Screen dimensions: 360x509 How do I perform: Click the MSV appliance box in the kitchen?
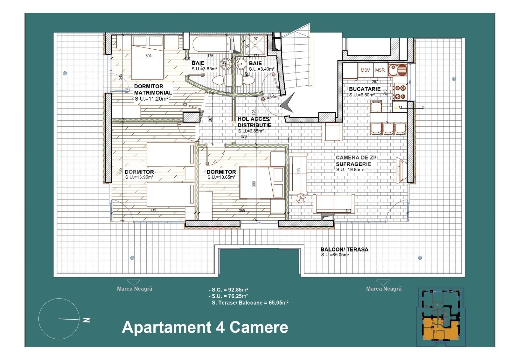[365, 70]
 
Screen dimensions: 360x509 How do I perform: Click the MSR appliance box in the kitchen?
[380, 70]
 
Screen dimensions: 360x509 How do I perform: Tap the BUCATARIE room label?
[365, 89]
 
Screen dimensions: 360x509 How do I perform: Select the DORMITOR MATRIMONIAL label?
[153, 89]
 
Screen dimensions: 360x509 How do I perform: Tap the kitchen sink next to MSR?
[398, 70]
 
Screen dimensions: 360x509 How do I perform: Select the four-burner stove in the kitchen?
[400, 92]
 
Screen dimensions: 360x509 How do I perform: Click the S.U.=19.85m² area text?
[350, 170]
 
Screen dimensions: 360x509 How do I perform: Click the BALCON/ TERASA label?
[344, 250]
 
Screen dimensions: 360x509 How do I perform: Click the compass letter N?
[86, 320]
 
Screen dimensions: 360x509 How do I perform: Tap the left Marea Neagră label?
[135, 289]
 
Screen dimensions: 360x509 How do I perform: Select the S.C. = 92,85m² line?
[228, 290]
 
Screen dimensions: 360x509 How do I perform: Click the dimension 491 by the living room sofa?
[348, 210]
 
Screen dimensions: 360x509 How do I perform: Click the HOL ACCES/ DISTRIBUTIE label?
[254, 122]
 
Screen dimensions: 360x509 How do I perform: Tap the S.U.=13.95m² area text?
[139, 177]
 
